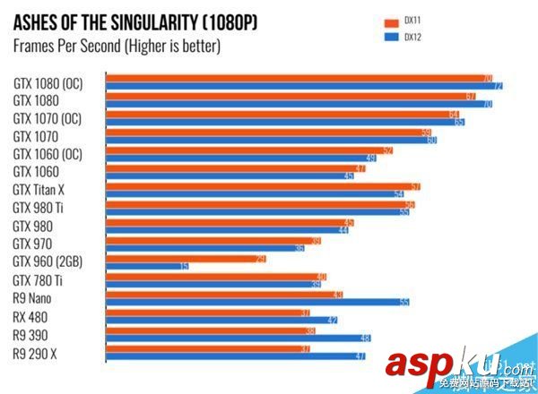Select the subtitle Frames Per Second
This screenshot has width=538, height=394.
pyautogui.click(x=117, y=45)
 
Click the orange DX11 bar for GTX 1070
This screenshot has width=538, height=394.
pyautogui.click(x=269, y=132)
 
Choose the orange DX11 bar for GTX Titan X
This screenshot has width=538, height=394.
pyautogui.click(x=264, y=186)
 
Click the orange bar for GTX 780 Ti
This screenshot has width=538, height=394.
pyautogui.click(x=216, y=277)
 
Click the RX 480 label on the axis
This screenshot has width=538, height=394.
pyautogui.click(x=34, y=317)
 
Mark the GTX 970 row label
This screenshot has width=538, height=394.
pyautogui.click(x=32, y=244)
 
